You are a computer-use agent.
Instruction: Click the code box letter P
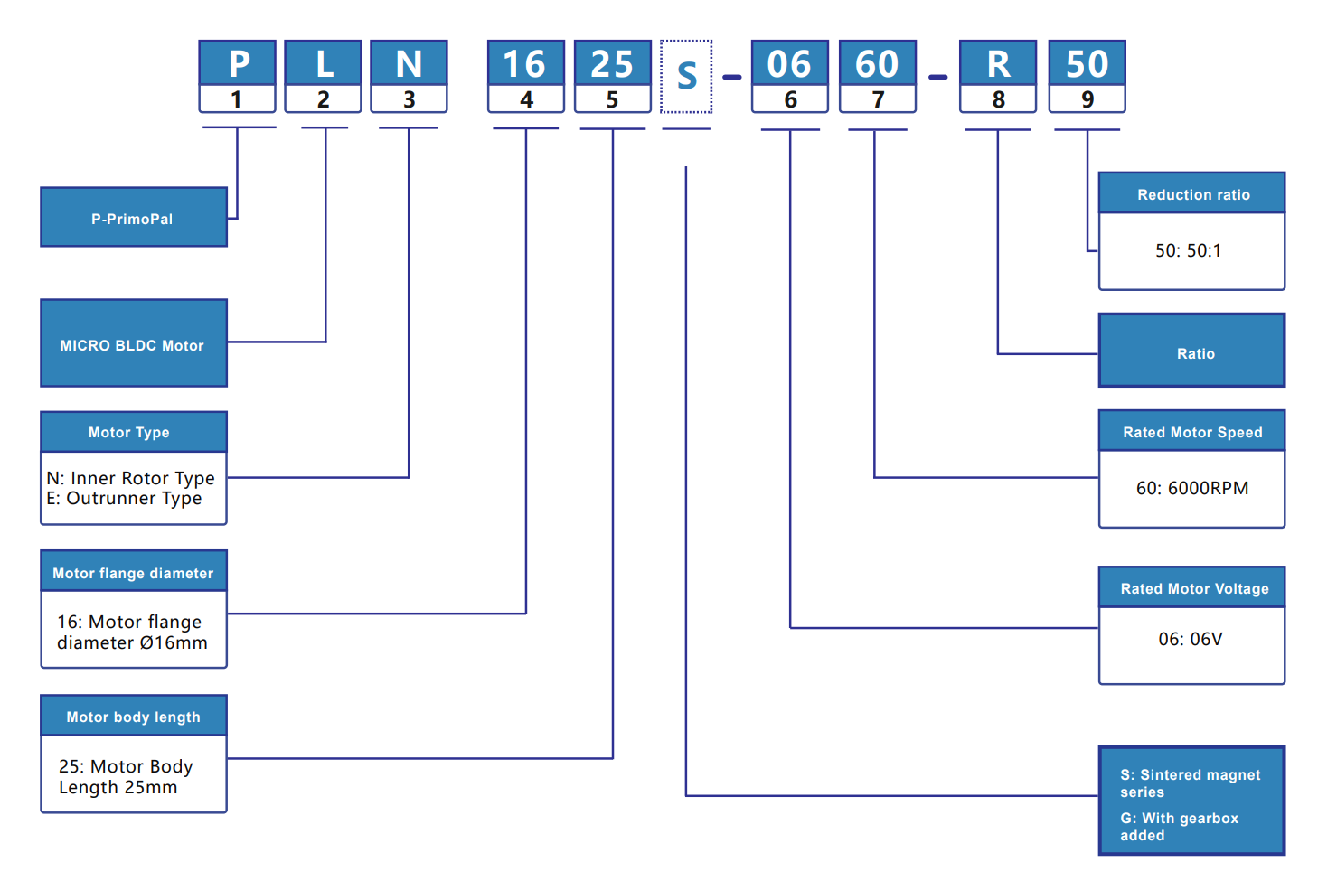(x=238, y=64)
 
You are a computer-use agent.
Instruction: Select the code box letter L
(x=324, y=64)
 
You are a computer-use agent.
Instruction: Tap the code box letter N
(x=409, y=64)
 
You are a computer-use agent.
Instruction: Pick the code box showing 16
(x=525, y=64)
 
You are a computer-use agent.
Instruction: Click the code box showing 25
(x=612, y=64)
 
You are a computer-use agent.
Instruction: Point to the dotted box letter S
(x=686, y=77)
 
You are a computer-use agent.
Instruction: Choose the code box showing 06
(x=789, y=64)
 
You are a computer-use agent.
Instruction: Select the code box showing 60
(x=877, y=64)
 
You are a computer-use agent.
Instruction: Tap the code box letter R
(x=998, y=64)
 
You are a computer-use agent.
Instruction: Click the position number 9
(x=1087, y=99)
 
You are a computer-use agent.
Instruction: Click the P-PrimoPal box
(x=133, y=219)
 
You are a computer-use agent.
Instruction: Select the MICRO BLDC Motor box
(x=133, y=345)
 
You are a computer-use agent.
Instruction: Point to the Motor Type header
(x=133, y=433)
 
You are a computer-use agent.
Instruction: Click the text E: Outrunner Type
(x=125, y=499)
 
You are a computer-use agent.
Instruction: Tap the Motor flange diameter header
(x=133, y=573)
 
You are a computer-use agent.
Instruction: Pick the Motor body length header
(x=133, y=717)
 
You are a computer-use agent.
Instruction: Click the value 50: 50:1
(x=1189, y=251)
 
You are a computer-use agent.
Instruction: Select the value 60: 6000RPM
(x=1192, y=489)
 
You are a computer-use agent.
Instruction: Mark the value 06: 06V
(x=1191, y=640)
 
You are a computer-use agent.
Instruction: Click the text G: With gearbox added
(x=1179, y=827)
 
